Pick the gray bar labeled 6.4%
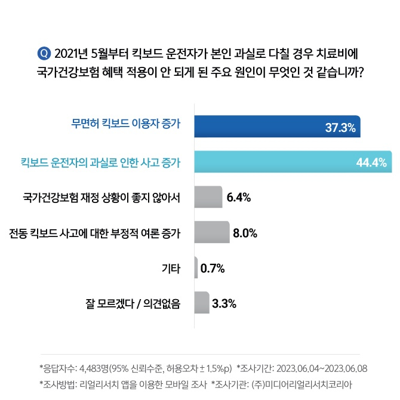(x=208, y=196)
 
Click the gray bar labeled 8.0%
(x=212, y=232)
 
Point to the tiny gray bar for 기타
(x=196, y=267)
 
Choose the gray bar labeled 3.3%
(x=202, y=303)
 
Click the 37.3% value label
(x=340, y=127)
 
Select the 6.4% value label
(x=239, y=197)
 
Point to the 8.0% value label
(x=245, y=233)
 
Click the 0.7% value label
(x=213, y=268)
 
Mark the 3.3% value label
(x=224, y=303)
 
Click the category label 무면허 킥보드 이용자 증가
(x=126, y=126)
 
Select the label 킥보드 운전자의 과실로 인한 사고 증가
(x=101, y=162)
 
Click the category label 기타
(x=171, y=268)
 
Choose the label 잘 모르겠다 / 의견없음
(x=133, y=303)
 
